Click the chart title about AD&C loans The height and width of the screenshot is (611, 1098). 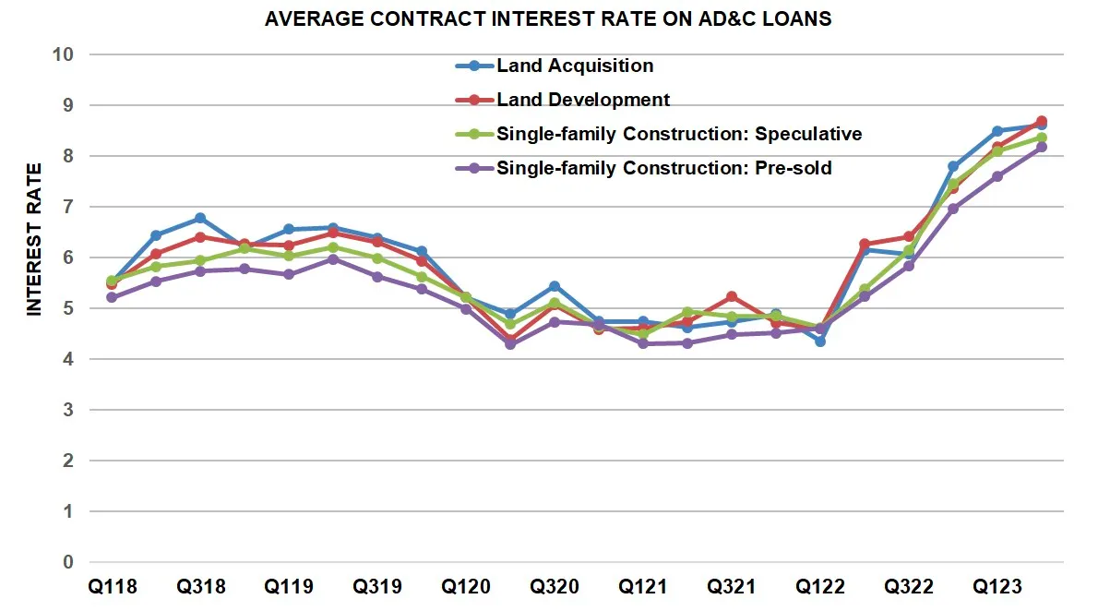coord(548,18)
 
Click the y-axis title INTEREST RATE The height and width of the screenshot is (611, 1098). coord(34,240)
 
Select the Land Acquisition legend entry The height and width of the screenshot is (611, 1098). coord(574,66)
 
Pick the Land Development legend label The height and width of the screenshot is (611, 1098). coord(582,100)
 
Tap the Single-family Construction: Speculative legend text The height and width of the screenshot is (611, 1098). coord(678,134)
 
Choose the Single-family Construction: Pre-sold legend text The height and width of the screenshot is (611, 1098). coord(663,168)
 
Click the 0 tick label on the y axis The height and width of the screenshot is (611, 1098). coord(68,562)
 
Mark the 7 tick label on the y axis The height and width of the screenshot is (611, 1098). coord(68,207)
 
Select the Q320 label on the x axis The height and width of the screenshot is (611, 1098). coord(555,587)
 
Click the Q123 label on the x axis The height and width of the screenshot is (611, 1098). coord(997,587)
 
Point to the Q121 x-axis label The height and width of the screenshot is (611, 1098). coord(643,587)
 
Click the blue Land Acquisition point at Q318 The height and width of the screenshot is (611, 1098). coord(200,219)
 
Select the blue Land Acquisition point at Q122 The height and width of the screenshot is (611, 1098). coord(820,341)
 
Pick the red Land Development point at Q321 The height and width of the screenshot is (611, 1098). coord(732,296)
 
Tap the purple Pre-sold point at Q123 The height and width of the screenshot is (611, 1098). coord(997,176)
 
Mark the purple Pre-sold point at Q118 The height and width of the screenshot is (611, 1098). coord(112,297)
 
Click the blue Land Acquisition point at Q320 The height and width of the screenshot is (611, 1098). coord(555,286)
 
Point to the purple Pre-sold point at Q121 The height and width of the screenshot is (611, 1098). coord(643,343)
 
